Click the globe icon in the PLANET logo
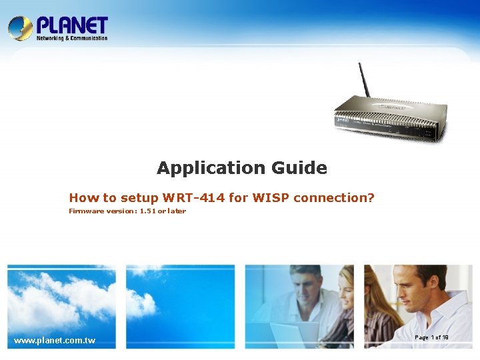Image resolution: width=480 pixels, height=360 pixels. tap(20, 28)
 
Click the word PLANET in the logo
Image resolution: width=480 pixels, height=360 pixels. tap(72, 26)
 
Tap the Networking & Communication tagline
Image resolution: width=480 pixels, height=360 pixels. tap(72, 39)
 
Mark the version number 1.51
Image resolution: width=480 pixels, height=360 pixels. tap(147, 211)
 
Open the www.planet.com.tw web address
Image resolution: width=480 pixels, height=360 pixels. tap(55, 341)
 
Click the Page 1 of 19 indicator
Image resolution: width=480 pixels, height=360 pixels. tap(431, 338)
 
